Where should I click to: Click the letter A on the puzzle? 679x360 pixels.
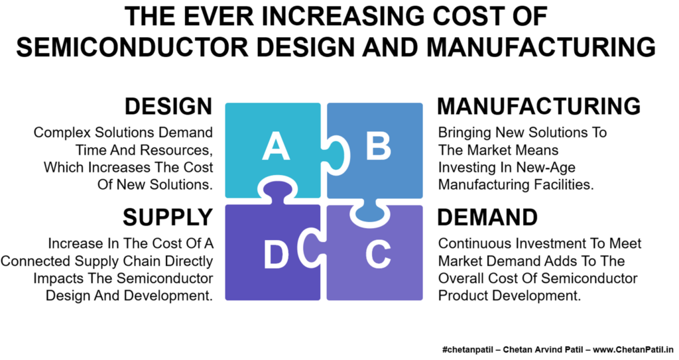point(275,147)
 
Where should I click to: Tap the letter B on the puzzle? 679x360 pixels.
point(378,146)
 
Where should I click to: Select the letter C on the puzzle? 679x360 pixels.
point(377,255)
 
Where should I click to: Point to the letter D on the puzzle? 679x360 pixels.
point(276,255)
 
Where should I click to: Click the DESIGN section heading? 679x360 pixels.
point(168,107)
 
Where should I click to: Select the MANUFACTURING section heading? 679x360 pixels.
point(538,107)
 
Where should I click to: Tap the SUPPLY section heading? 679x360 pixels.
point(168,217)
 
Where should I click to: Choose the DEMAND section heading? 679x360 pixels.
point(487,217)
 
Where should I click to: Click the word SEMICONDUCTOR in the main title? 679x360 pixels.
point(133,47)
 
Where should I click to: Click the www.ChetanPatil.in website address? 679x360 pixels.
point(634,349)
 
